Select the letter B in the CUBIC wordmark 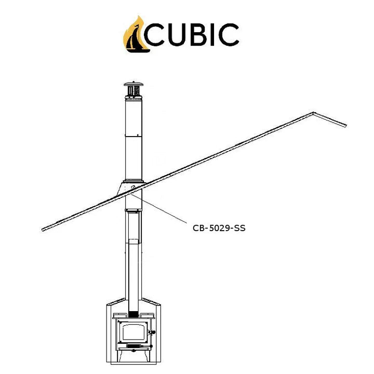tap(198, 35)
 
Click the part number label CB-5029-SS tap(219, 228)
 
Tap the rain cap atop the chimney tap(133, 90)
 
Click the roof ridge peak tap(313, 113)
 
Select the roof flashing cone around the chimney tap(131, 189)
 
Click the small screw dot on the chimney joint tap(138, 135)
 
